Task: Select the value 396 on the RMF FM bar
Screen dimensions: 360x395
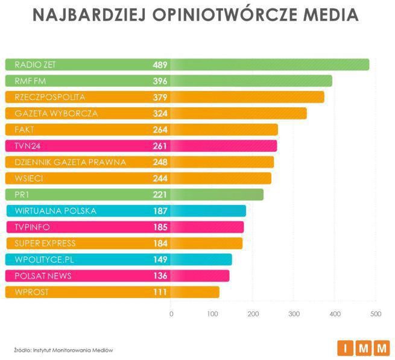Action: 160,81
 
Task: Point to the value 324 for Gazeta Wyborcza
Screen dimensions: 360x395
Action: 160,113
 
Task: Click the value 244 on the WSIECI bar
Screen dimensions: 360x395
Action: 160,178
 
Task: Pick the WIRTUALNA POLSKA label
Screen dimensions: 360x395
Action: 55,211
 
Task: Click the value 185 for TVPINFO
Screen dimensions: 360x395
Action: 160,227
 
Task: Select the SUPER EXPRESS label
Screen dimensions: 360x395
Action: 45,244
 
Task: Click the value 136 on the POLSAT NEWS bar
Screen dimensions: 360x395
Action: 160,276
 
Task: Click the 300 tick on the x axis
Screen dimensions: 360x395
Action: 294,314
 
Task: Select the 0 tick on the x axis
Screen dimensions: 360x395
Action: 171,314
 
